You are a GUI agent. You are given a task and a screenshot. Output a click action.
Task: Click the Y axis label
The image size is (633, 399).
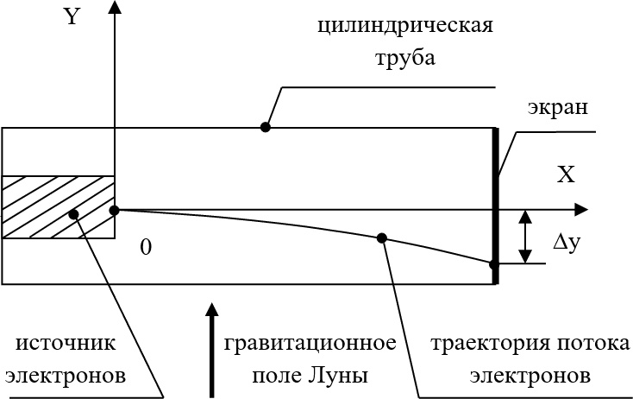click(72, 18)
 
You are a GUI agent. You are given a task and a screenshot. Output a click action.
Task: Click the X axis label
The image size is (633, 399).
click(566, 176)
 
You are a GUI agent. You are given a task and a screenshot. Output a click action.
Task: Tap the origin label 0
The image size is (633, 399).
click(146, 248)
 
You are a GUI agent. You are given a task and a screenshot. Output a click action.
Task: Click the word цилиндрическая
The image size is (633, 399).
click(404, 24)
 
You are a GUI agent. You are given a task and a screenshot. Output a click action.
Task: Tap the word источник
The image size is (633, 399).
click(66, 344)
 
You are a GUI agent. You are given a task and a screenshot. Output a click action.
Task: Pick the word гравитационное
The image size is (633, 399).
click(310, 344)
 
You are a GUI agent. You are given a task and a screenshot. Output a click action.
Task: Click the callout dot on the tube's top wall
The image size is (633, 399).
click(266, 127)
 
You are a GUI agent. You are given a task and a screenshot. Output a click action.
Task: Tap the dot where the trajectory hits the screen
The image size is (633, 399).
click(494, 264)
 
